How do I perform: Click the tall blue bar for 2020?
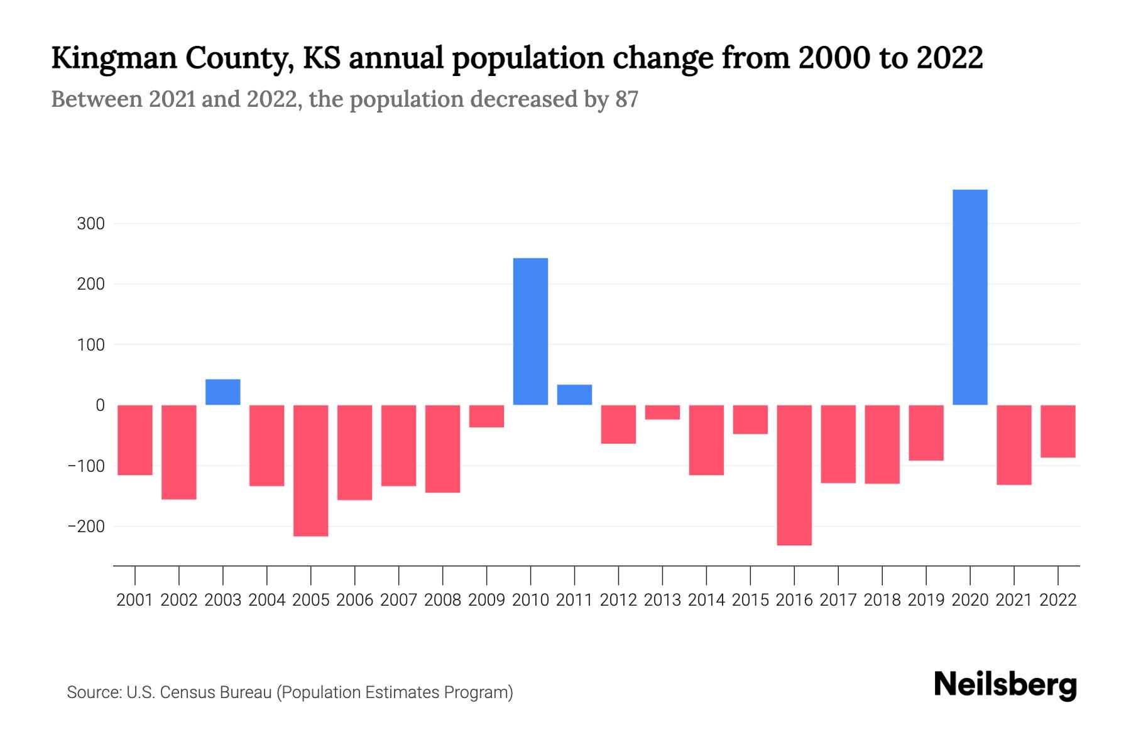pyautogui.click(x=970, y=297)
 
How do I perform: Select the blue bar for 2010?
pyautogui.click(x=530, y=331)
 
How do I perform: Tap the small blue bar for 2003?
pyautogui.click(x=223, y=392)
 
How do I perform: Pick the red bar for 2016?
pyautogui.click(x=794, y=475)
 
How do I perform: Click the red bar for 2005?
pyautogui.click(x=311, y=471)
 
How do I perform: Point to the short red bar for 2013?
pyautogui.click(x=662, y=412)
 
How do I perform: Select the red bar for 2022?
pyautogui.click(x=1057, y=431)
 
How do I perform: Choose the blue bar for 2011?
pyautogui.click(x=574, y=395)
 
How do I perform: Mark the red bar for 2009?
pyautogui.click(x=486, y=416)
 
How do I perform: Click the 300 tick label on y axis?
pyautogui.click(x=90, y=224)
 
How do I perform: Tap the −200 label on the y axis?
pyautogui.click(x=86, y=527)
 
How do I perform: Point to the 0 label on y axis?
pyautogui.click(x=100, y=405)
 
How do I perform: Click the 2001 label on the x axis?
pyautogui.click(x=135, y=600)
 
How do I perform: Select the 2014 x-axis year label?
pyautogui.click(x=706, y=600)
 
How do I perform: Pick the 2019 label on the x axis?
pyautogui.click(x=926, y=600)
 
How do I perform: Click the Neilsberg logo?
pyautogui.click(x=1005, y=685)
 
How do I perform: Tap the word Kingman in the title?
pyautogui.click(x=114, y=58)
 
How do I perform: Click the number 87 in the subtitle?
pyautogui.click(x=626, y=99)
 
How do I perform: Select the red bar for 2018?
pyautogui.click(x=882, y=444)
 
